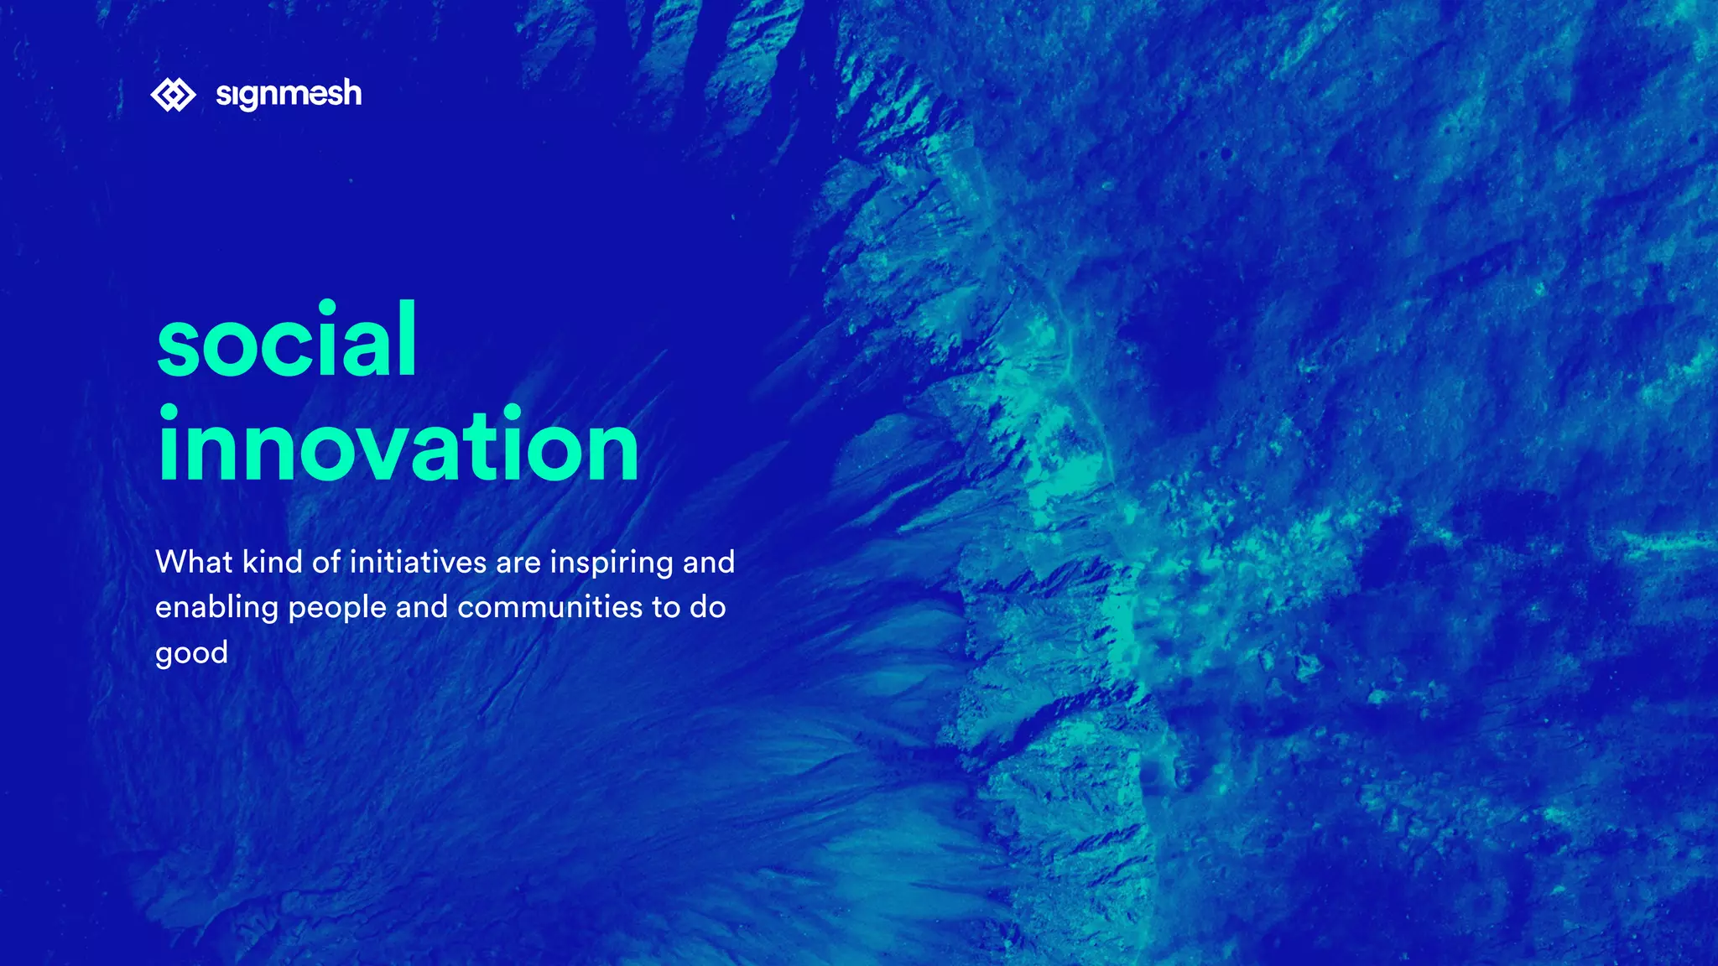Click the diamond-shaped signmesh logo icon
click(173, 95)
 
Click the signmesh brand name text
click(289, 95)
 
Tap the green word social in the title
click(287, 340)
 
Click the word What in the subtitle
click(194, 562)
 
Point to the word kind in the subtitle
click(273, 562)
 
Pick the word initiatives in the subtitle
click(418, 562)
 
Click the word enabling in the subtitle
click(216, 608)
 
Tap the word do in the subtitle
click(707, 607)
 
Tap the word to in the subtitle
click(666, 607)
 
